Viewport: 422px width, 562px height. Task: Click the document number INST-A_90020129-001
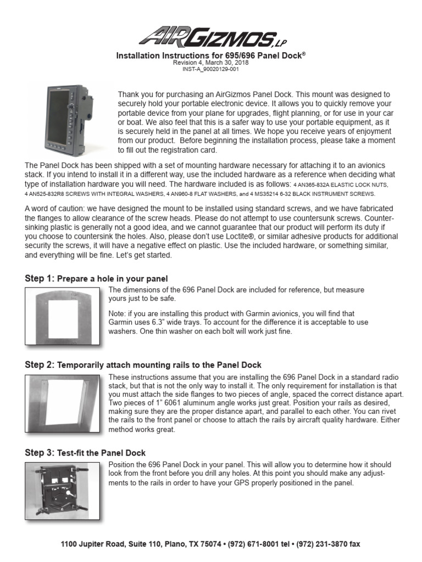pos(210,70)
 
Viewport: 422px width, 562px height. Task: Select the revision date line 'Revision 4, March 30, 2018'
pos(210,63)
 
